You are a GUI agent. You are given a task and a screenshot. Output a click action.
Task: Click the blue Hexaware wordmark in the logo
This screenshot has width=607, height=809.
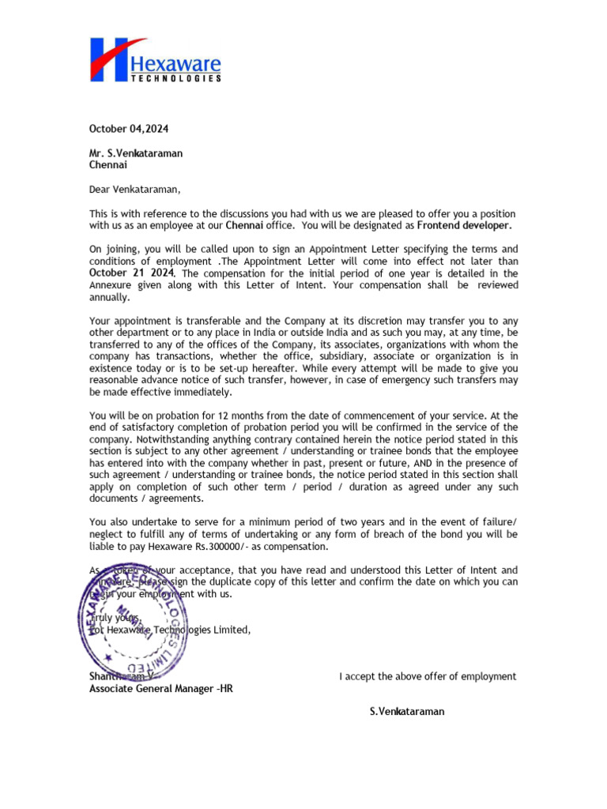click(x=187, y=63)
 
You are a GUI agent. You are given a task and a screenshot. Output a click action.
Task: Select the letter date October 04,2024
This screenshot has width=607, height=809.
click(x=128, y=128)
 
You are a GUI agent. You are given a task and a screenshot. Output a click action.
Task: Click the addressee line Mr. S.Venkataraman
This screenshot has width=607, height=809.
click(x=135, y=153)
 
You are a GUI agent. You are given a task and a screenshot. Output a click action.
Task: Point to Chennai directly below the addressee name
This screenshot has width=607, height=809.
click(x=107, y=166)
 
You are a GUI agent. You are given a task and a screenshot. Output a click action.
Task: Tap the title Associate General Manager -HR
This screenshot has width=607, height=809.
click(x=161, y=688)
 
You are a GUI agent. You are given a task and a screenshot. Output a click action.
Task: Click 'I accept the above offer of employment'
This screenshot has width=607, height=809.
click(x=428, y=676)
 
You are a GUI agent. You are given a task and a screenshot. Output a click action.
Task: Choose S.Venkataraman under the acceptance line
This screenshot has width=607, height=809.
click(x=407, y=712)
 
